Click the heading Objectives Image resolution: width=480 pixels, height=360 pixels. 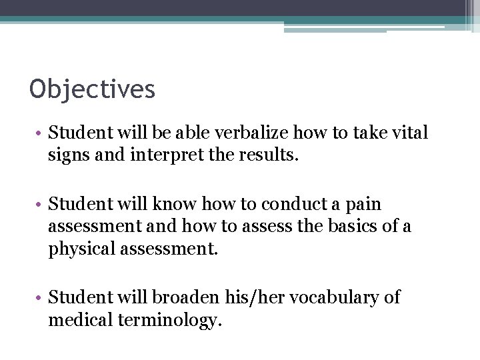coord(92,89)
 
